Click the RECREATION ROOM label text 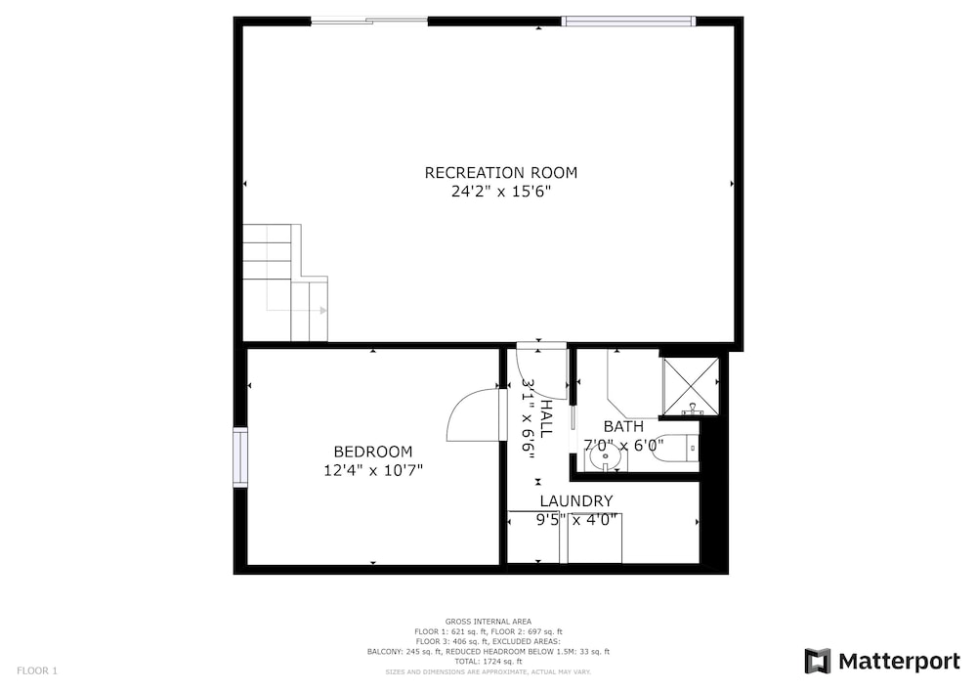501,173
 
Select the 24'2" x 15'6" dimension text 501,192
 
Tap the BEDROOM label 373,452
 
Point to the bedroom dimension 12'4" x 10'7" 373,470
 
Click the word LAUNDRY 576,501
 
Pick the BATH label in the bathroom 623,427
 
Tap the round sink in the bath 605,459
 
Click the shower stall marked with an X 690,387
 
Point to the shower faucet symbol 693,410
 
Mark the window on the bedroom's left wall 240,456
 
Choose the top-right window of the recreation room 628,22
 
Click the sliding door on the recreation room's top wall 369,22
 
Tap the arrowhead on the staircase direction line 323,310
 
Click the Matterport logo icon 818,661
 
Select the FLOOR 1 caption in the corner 37,671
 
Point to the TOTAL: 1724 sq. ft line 488,662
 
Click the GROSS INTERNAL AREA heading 488,622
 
